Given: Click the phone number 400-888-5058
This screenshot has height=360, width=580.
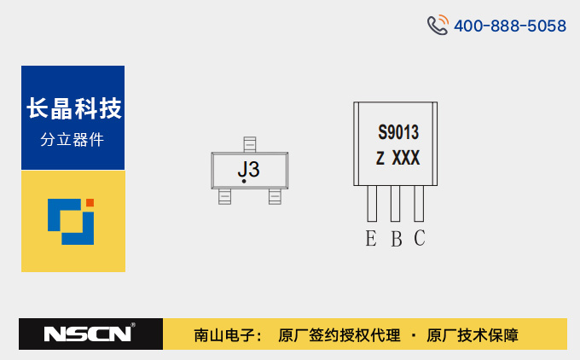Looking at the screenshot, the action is (x=510, y=26).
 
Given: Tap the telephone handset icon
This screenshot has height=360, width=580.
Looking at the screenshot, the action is (x=438, y=25).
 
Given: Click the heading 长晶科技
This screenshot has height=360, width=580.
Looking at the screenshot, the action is (x=74, y=108).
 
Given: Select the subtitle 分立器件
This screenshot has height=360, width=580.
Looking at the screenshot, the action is (x=72, y=140).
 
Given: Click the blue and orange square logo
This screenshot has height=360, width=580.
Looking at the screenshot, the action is (x=71, y=222).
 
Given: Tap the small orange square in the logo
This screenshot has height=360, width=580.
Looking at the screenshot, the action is (x=90, y=202).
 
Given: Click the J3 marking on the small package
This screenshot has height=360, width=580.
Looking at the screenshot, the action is (x=248, y=170).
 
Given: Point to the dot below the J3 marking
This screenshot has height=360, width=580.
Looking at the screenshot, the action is (x=244, y=181).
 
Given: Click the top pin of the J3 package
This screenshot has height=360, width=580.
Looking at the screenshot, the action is (x=250, y=144).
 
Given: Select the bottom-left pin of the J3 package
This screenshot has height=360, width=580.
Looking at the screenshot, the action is (x=224, y=196).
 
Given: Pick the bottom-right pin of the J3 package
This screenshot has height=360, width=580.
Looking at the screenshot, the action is (x=275, y=196).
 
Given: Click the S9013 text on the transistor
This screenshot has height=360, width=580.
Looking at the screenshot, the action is (x=398, y=132).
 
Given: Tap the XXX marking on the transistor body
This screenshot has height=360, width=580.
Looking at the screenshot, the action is (x=406, y=158).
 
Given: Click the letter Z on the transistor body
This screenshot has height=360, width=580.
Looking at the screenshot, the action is (x=380, y=159).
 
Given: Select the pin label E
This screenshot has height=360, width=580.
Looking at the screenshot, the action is (x=371, y=238).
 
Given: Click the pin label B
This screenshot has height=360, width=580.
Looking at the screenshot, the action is (x=397, y=239).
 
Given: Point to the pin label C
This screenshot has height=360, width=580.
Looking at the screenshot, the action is (x=420, y=238).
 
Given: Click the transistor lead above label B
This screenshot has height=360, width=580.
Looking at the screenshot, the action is (x=395, y=204).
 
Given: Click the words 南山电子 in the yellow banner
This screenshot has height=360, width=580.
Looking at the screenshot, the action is (x=223, y=335).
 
